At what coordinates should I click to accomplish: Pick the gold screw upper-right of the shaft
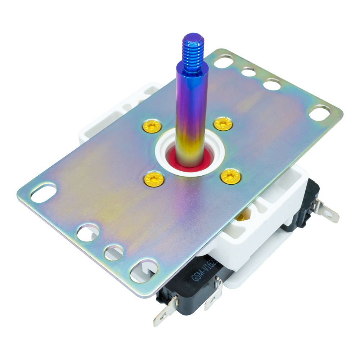[223, 124]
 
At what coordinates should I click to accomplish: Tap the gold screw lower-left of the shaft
[154, 179]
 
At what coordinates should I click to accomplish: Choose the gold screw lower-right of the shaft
[231, 176]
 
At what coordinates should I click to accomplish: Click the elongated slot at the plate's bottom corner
[144, 270]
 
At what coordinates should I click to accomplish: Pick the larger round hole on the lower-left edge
[88, 233]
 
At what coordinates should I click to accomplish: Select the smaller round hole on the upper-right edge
[249, 71]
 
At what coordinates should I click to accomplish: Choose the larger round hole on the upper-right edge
[272, 84]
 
